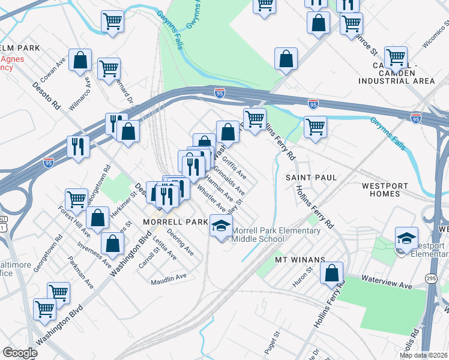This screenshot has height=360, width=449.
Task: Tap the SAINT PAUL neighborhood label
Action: tap(311, 178)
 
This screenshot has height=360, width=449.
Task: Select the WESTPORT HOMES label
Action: tap(388, 190)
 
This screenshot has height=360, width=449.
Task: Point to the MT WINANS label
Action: tap(300, 260)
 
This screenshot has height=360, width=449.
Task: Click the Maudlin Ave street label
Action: tap(169, 277)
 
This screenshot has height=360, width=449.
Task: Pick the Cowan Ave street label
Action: tap(53, 71)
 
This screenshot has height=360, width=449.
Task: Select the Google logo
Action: tap(20, 353)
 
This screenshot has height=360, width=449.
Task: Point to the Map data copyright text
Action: tap(423, 355)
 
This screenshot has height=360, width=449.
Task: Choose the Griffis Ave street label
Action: tap(234, 168)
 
